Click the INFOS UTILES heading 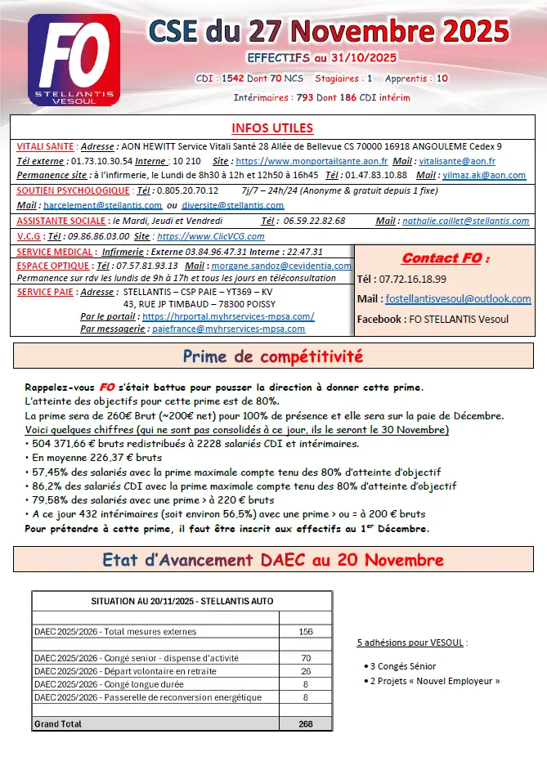(272, 128)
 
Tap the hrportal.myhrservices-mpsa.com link (227, 316)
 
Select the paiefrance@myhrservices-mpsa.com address (228, 329)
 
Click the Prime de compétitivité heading (273, 356)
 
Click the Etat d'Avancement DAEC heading (273, 560)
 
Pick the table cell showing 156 (306, 632)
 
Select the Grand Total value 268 (306, 724)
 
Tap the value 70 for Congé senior (306, 658)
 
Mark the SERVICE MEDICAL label (55, 252)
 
